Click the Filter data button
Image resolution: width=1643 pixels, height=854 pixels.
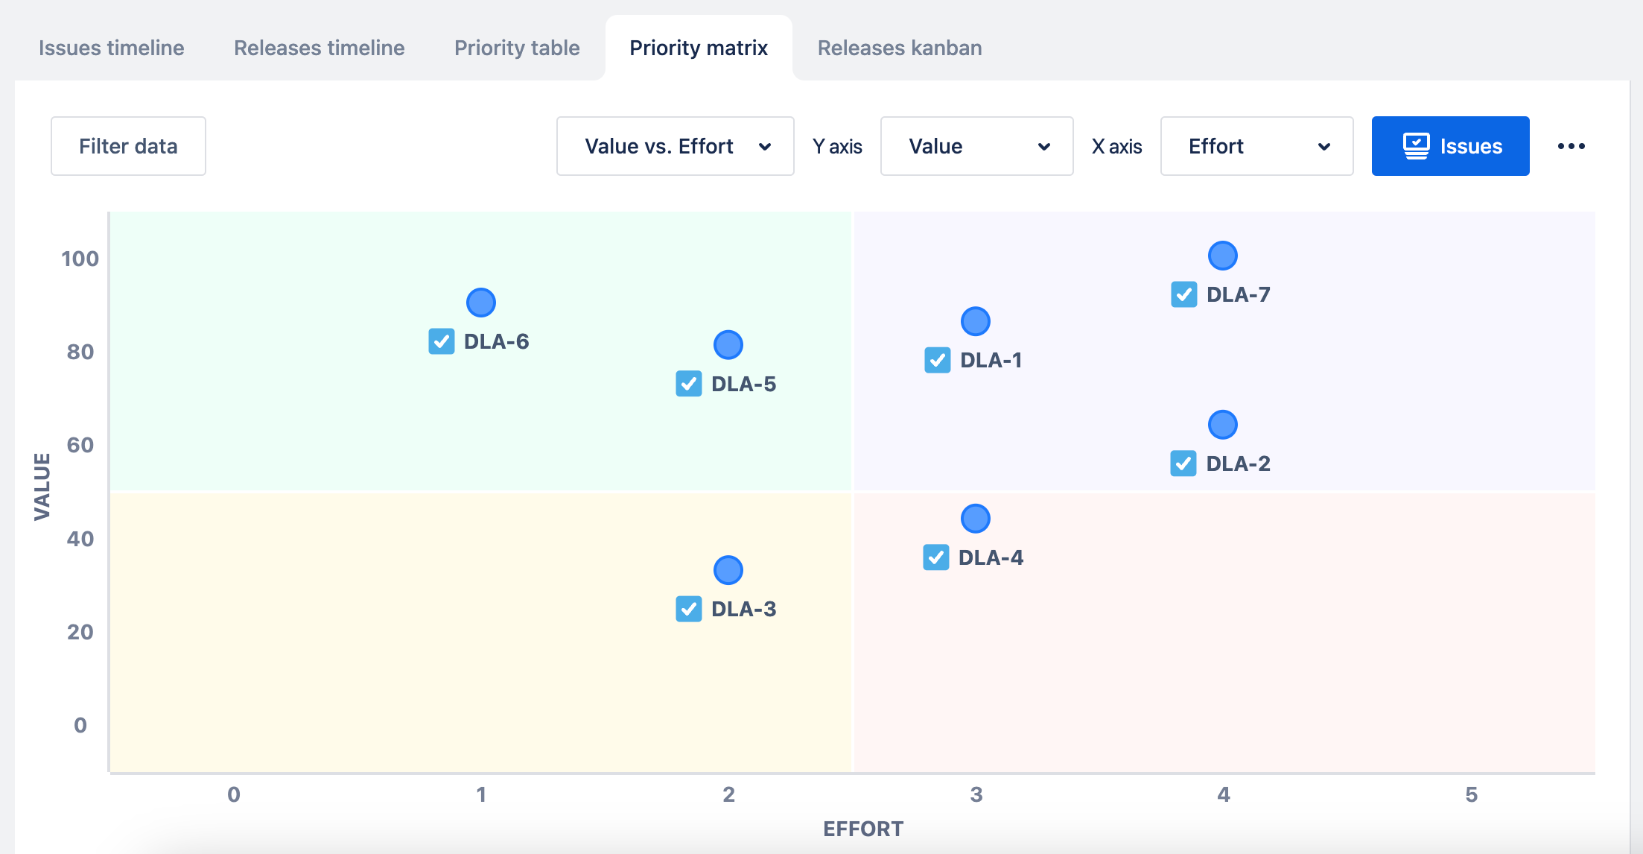coord(128,146)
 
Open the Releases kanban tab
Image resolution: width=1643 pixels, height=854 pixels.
coord(899,48)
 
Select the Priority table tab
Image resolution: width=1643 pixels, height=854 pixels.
coord(517,48)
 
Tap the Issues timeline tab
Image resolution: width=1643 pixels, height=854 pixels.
coord(112,48)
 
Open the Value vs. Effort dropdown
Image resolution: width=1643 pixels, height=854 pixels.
coord(675,146)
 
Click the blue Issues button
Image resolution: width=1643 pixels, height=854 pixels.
coord(1450,146)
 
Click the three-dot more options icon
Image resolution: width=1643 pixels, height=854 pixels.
coord(1571,146)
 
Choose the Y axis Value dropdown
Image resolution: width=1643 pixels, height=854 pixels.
coord(976,146)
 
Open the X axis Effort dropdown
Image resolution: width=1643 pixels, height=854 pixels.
coord(1256,146)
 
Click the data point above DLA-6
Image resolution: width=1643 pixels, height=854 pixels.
coord(481,303)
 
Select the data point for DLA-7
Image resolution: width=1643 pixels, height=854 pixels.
coord(1223,256)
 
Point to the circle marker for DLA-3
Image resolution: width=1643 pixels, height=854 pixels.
coord(728,570)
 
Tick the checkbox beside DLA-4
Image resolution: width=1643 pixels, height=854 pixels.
coord(936,557)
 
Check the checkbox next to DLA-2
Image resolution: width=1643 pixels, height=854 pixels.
coord(1183,464)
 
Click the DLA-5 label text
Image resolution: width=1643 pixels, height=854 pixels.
coord(743,384)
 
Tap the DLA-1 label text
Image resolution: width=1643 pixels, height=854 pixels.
coord(991,361)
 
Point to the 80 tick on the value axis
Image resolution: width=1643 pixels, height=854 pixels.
coord(80,352)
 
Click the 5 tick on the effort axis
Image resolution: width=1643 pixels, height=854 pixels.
coord(1471,794)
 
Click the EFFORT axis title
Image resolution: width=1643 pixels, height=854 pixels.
coord(862,829)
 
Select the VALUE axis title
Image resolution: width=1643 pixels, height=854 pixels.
coord(42,487)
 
